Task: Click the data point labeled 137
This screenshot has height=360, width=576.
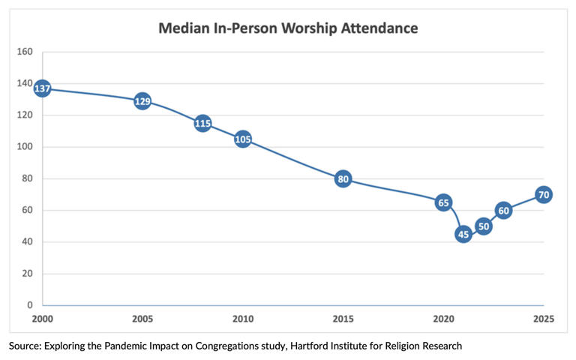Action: tap(43, 88)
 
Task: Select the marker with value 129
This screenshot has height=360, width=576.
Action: tap(142, 100)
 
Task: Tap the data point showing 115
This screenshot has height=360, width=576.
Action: tap(202, 123)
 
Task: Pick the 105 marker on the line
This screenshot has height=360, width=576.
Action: tap(242, 139)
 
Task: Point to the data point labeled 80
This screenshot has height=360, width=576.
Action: tap(343, 178)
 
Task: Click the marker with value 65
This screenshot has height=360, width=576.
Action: tap(443, 202)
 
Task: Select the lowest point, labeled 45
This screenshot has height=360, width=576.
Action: tap(463, 234)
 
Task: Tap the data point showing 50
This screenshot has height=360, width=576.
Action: tap(483, 226)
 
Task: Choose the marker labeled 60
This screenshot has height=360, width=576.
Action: tap(503, 210)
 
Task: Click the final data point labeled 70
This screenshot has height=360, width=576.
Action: tap(544, 194)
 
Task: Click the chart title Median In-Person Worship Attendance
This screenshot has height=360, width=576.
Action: tap(287, 28)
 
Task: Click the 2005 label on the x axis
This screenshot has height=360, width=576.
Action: tap(142, 319)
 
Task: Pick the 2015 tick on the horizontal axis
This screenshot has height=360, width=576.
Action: tap(343, 319)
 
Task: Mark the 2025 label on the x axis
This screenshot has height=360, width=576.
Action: tap(543, 319)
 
